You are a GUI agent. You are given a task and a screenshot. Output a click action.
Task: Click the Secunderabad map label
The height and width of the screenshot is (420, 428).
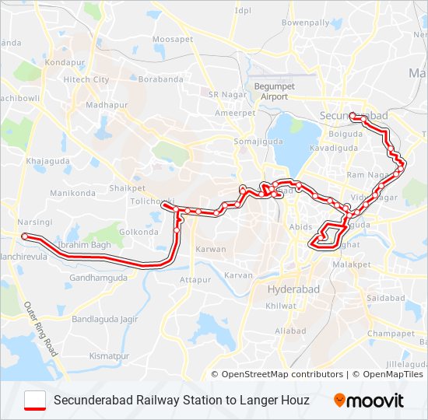coord(354,116)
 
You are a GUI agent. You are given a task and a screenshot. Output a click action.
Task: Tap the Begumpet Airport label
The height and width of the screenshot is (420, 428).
coord(270,92)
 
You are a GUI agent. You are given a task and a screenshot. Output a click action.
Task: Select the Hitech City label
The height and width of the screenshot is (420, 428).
coord(86,79)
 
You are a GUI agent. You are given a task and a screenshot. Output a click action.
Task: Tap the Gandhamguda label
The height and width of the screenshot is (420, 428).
coord(98,278)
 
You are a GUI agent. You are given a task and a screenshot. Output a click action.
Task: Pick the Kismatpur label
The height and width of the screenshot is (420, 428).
coord(108,355)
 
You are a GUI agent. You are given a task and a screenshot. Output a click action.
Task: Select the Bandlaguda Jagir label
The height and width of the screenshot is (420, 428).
coord(104,319)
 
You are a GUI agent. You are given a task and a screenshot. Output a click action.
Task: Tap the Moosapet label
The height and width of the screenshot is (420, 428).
coord(173,39)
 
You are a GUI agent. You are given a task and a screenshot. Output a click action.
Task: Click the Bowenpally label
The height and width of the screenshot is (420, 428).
coord(306,23)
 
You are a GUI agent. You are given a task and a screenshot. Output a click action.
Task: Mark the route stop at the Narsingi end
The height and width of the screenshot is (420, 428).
coord(24,236)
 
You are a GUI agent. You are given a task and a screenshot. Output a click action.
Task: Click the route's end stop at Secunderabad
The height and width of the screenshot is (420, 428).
coord(353,116)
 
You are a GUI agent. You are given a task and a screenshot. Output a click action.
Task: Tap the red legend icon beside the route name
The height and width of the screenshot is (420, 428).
coord(35,400)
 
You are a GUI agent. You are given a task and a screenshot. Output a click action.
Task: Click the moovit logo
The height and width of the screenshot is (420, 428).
coord(369,401)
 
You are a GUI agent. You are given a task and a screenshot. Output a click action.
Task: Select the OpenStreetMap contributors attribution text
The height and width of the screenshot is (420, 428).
coord(282,374)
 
